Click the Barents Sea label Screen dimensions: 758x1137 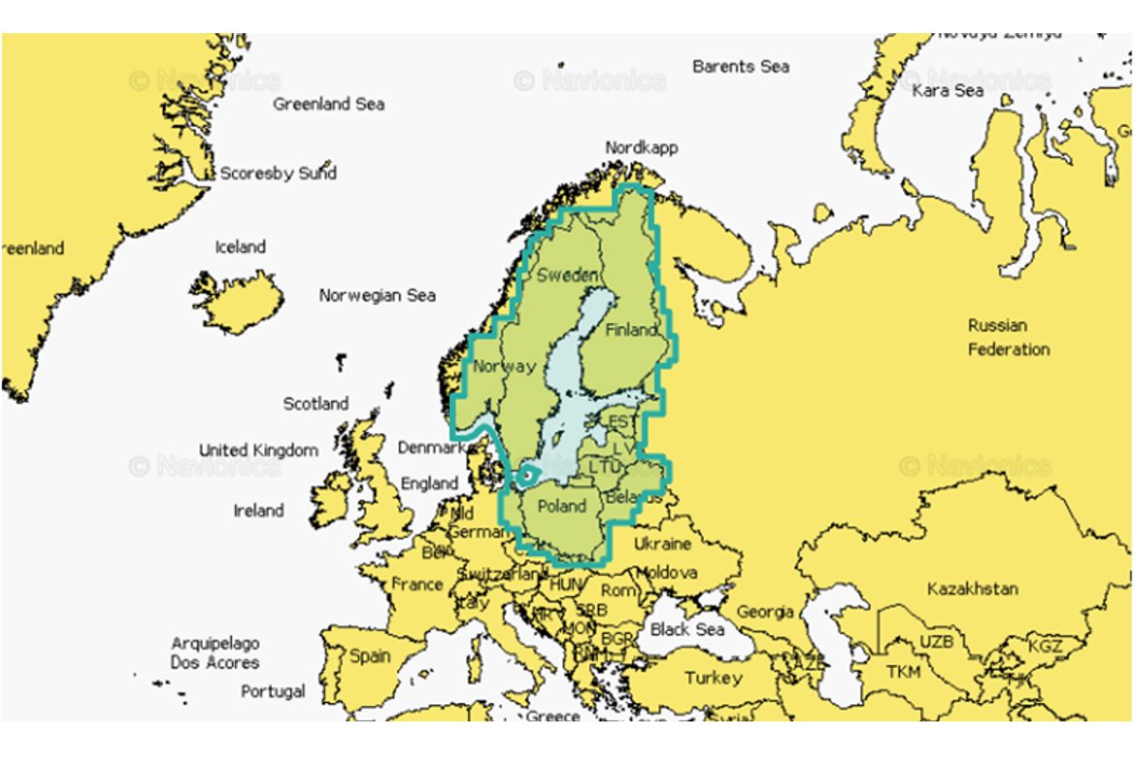tap(740, 66)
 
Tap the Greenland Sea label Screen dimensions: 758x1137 tap(329, 104)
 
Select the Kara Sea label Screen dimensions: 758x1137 tap(947, 91)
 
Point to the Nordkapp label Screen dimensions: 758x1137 tap(641, 148)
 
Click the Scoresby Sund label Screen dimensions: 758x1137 tap(278, 173)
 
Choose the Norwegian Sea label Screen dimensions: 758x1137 tap(377, 296)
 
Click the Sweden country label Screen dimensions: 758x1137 tap(567, 276)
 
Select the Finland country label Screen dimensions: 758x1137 tap(631, 330)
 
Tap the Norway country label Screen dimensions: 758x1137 tap(504, 367)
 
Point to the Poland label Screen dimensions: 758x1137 tap(562, 506)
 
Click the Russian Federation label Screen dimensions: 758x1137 tap(1008, 337)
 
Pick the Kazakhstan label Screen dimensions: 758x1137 tap(972, 588)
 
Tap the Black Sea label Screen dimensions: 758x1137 tap(687, 630)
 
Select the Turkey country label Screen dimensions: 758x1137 tap(713, 678)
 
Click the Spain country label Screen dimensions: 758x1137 tap(370, 656)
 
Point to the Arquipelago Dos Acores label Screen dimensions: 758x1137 tap(214, 653)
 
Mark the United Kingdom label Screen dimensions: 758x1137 tap(258, 450)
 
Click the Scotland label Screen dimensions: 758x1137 tap(316, 404)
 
